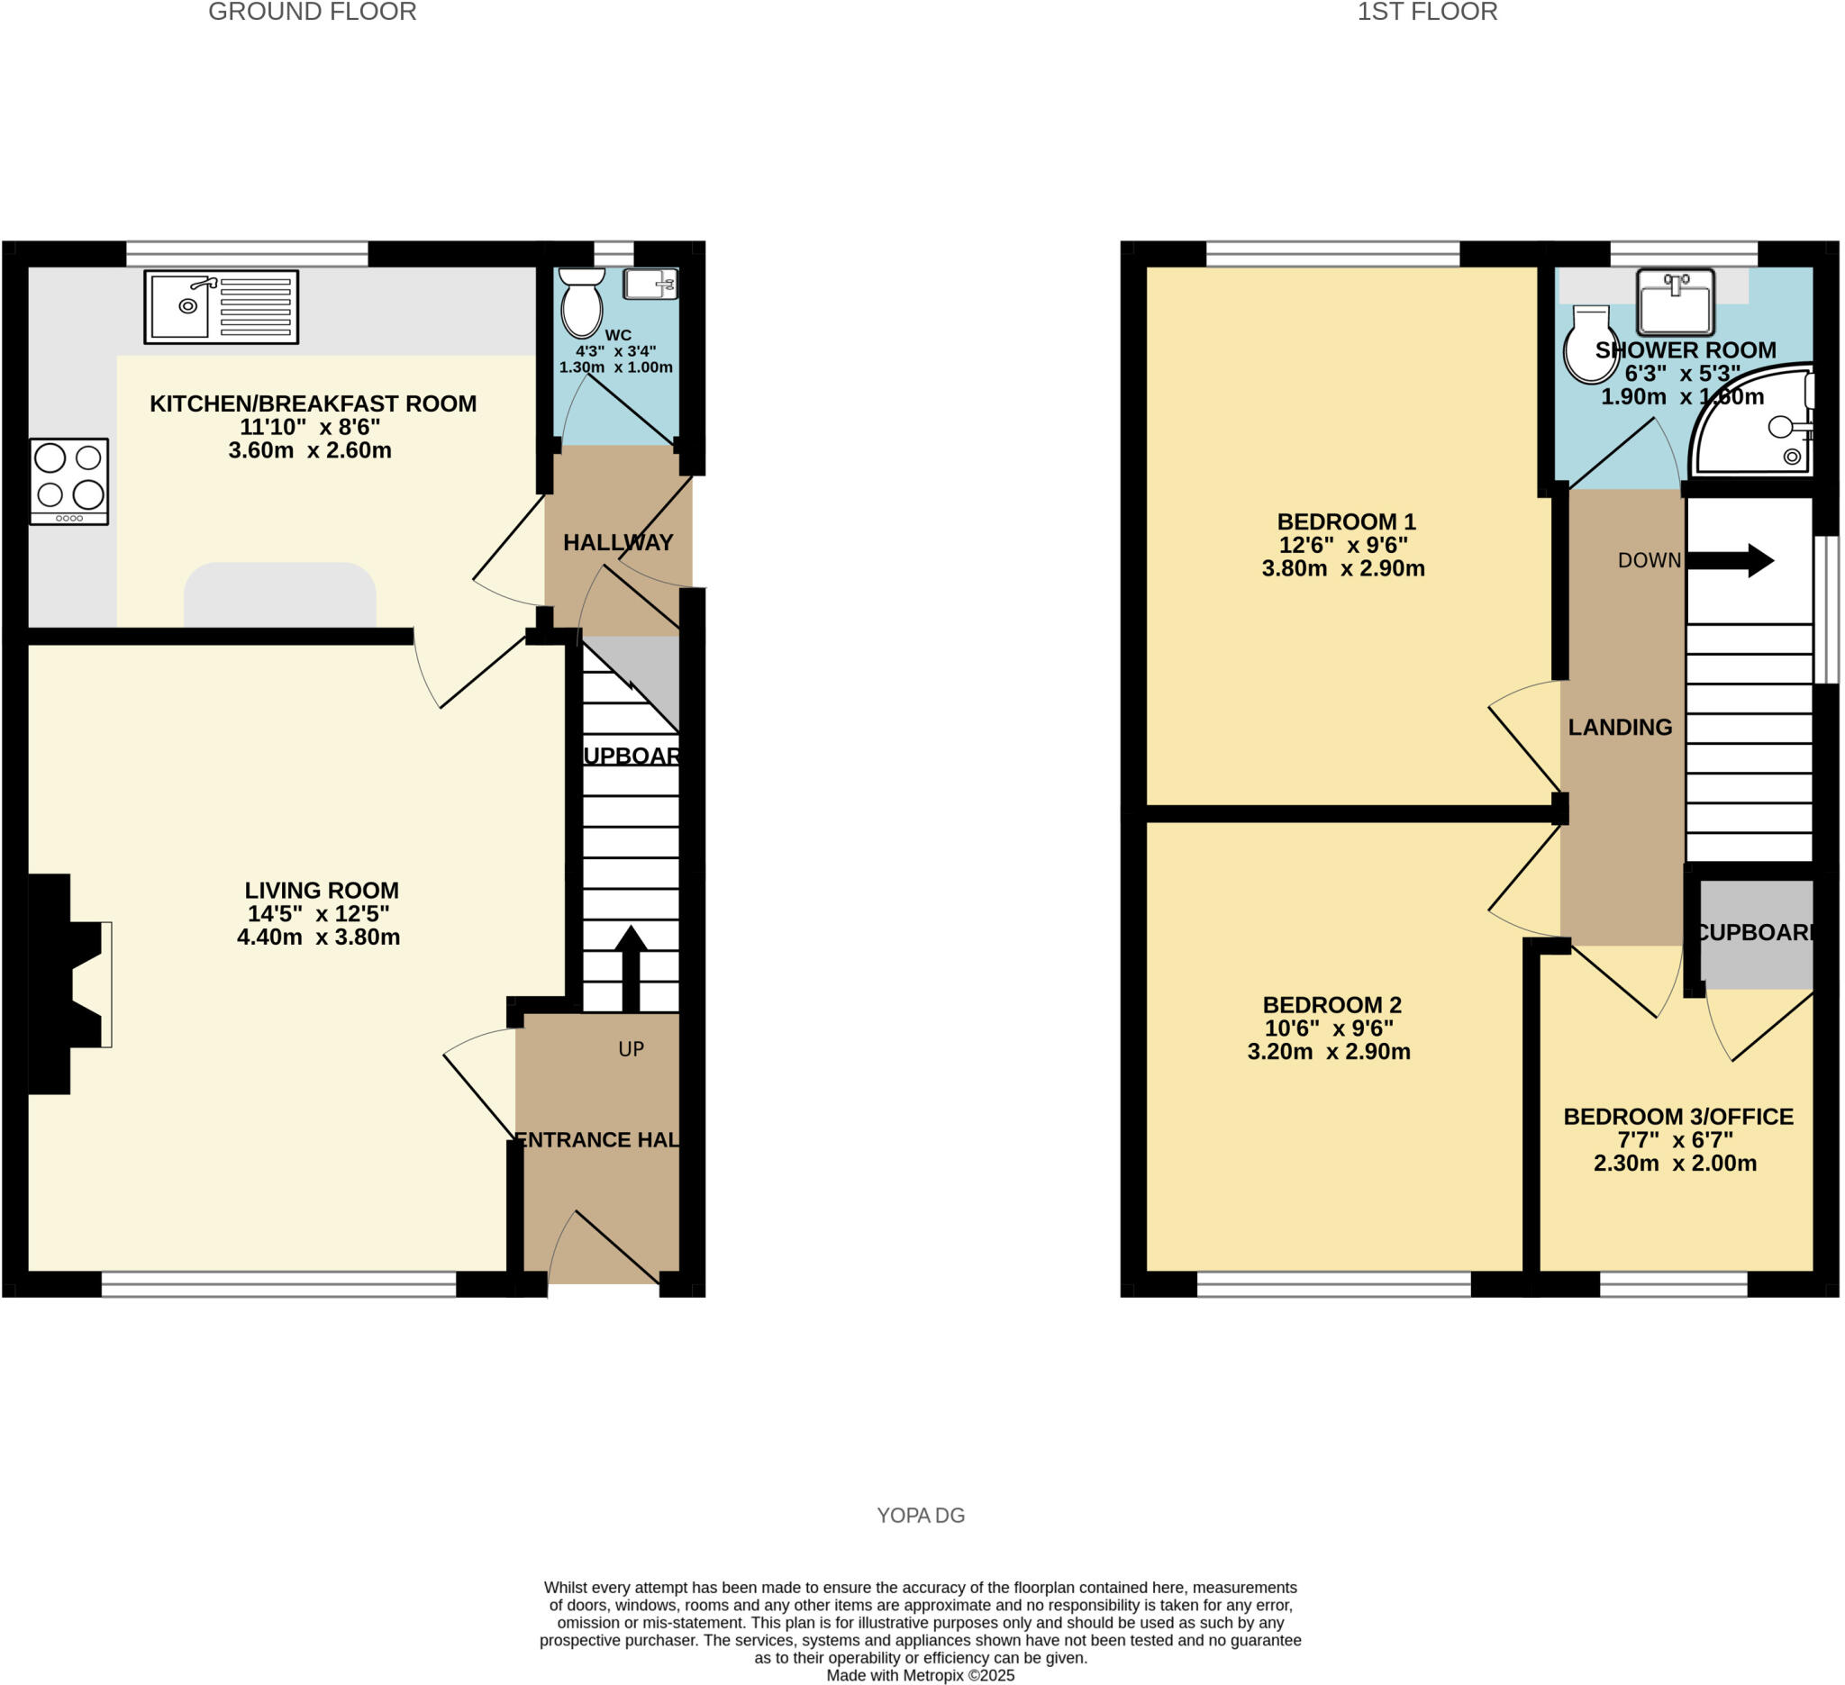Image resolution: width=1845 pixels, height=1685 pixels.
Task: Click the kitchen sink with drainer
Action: (x=222, y=307)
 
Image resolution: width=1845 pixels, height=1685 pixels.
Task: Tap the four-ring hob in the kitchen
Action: (x=69, y=481)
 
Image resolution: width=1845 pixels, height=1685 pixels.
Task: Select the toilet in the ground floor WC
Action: (x=581, y=303)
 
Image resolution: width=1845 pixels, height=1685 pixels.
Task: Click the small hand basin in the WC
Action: (x=650, y=285)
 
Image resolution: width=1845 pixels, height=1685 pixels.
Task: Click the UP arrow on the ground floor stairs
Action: (x=630, y=968)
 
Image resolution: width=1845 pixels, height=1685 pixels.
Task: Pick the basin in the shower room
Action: (x=1675, y=302)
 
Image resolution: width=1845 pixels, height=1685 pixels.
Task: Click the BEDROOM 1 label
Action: (x=1346, y=522)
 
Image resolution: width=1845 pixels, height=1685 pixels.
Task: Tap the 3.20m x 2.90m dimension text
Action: (x=1329, y=1052)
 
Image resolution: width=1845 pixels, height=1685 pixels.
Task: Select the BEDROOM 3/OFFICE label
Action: (x=1678, y=1117)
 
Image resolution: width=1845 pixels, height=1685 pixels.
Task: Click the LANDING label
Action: (x=1620, y=728)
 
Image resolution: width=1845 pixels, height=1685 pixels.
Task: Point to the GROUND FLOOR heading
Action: (x=312, y=12)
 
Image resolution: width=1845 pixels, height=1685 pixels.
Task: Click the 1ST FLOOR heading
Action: (x=1427, y=12)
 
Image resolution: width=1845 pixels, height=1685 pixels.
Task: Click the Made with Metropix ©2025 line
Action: (x=921, y=1676)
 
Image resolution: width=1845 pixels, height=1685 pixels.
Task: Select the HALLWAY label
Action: (x=618, y=543)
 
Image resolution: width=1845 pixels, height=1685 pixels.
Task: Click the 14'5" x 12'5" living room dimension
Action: (x=319, y=914)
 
